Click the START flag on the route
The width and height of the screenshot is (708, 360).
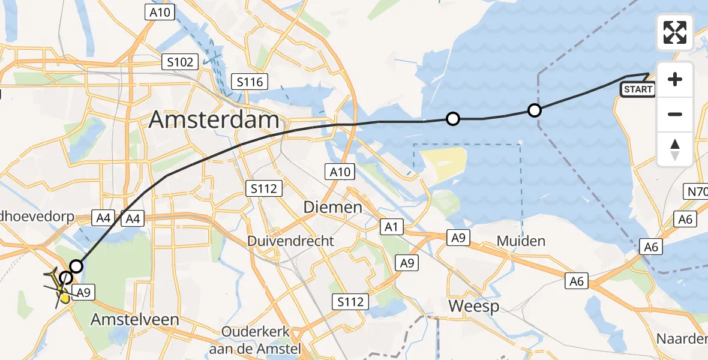638,89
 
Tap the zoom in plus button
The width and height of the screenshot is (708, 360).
675,79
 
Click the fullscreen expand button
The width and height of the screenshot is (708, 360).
675,32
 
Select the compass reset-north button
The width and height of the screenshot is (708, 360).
675,149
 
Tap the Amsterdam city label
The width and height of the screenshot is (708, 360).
214,120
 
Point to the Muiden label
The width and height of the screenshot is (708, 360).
521,241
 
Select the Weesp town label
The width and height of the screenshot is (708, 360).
474,307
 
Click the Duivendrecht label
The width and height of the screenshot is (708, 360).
291,241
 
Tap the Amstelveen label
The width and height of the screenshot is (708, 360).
134,320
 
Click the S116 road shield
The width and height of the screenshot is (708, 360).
250,82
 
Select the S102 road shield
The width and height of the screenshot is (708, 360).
180,62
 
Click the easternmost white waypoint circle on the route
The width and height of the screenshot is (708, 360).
534,110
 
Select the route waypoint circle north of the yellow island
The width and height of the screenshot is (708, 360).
453,119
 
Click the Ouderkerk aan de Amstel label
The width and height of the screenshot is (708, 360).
256,340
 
